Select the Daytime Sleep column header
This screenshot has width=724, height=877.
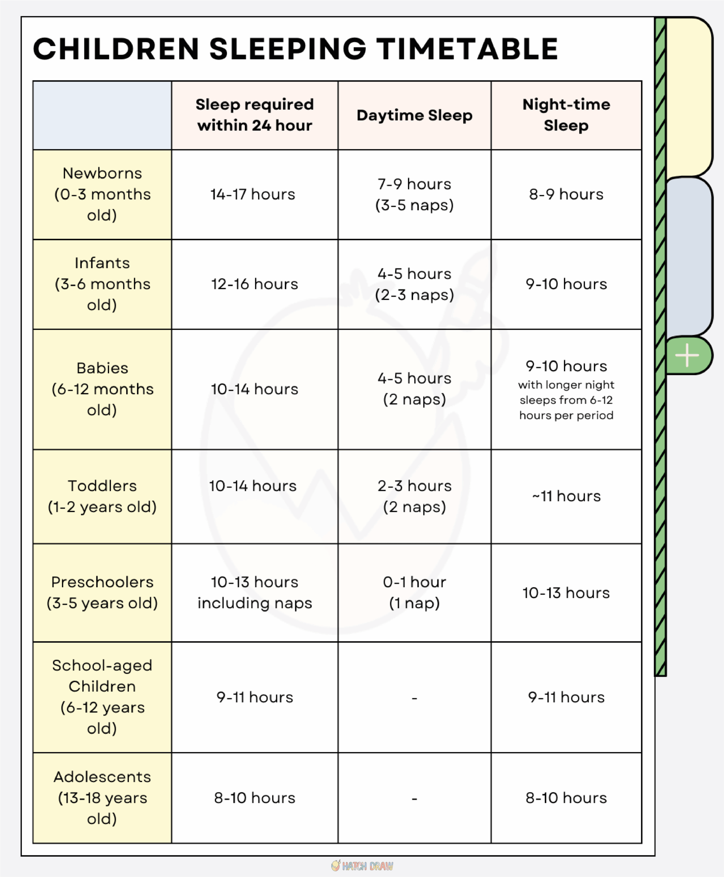click(414, 115)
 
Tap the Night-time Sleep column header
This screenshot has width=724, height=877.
click(566, 115)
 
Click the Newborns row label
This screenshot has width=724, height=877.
click(102, 194)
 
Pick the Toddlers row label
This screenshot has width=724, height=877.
click(102, 496)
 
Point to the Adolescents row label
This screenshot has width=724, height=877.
click(102, 798)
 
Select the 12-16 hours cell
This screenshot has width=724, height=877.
click(254, 284)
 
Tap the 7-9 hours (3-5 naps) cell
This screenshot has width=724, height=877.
click(414, 195)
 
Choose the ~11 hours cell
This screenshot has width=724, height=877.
click(566, 496)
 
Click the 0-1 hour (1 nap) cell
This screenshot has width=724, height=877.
click(414, 592)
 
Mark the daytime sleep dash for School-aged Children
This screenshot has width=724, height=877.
click(414, 698)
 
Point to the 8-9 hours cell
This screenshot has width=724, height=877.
click(566, 194)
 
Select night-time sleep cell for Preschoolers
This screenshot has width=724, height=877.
click(566, 593)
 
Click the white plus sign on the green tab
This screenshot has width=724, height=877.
click(687, 356)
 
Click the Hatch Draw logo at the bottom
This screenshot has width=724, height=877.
click(362, 866)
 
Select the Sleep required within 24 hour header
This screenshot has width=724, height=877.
click(255, 115)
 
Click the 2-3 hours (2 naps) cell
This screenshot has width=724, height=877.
click(414, 496)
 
